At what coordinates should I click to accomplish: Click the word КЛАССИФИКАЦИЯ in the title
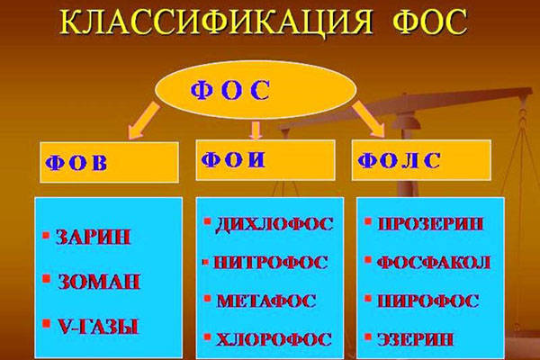216,22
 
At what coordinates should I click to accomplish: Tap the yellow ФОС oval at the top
256,90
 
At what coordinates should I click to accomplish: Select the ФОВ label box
109,162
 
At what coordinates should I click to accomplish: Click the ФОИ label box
265,160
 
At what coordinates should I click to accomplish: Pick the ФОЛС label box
421,160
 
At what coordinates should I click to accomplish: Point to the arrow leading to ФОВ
143,121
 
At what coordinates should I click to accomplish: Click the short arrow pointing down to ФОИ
256,130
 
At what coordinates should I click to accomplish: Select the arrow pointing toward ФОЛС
369,119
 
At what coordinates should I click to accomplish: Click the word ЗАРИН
93,237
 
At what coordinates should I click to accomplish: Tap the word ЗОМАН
98,282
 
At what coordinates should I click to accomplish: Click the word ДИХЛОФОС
274,224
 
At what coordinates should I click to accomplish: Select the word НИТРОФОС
270,263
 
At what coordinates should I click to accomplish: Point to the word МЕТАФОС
265,301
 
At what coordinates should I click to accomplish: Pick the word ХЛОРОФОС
274,339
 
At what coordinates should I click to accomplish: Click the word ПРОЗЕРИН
430,224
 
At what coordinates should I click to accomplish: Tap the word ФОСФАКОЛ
434,263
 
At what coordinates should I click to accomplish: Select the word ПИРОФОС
428,301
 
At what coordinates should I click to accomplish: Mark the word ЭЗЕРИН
415,339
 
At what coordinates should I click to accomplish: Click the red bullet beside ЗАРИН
46,235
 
